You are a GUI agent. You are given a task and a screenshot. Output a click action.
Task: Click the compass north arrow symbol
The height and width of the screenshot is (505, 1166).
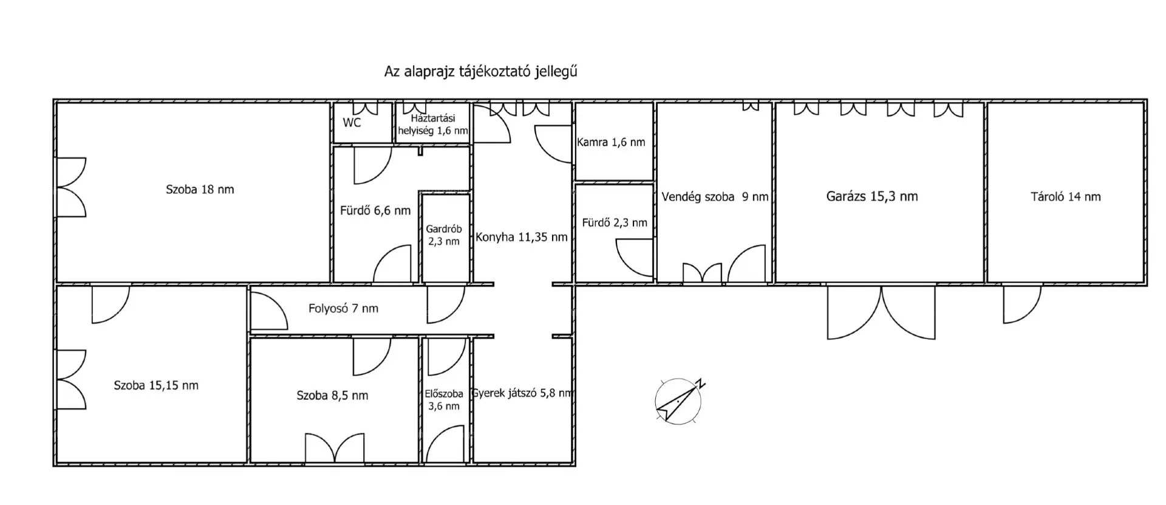point(680,401)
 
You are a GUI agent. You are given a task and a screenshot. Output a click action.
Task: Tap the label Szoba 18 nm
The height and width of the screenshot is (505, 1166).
point(200,190)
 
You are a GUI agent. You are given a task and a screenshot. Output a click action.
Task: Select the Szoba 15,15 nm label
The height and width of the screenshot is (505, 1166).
point(156,385)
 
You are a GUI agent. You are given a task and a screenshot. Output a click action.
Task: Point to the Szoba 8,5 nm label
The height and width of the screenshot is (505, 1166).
point(332,396)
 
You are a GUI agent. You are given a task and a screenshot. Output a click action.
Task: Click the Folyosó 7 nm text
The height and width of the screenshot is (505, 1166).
point(343,309)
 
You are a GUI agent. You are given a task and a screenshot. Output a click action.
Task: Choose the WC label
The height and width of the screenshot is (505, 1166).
point(352,123)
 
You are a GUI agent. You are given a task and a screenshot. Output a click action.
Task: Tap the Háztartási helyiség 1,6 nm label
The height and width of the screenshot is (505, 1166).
point(433,125)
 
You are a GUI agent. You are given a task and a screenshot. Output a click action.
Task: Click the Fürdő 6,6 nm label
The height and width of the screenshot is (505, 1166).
point(375,211)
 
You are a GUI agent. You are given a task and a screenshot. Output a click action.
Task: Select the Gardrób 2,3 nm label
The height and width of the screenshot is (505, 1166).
point(444,235)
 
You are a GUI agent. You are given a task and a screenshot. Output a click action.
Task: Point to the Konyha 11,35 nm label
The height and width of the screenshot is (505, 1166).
point(522,238)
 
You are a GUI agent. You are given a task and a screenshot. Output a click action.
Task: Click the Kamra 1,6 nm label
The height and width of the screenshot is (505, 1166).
point(611,142)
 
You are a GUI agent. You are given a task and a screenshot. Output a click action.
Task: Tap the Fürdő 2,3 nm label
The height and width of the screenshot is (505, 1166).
point(615,223)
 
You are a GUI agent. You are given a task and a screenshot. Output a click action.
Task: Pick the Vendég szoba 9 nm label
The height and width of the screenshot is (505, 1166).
point(715,197)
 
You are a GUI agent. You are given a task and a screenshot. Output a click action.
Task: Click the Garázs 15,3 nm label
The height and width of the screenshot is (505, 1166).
point(872,196)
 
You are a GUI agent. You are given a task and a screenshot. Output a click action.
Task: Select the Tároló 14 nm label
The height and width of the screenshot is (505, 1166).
point(1066,197)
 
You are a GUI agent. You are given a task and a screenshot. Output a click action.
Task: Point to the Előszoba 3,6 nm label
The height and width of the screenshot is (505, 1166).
point(444,400)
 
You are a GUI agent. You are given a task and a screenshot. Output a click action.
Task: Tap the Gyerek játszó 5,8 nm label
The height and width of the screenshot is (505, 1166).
point(522,393)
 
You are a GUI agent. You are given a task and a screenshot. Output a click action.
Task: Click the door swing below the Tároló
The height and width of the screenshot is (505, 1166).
point(1021,304)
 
